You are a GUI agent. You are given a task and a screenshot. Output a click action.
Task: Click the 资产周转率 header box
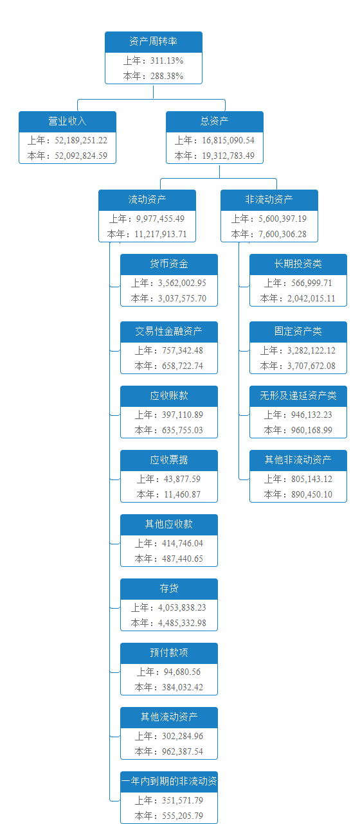[154, 42]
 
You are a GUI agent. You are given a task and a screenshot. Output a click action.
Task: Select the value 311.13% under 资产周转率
[166, 60]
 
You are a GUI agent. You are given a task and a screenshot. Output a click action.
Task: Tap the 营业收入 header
[67, 121]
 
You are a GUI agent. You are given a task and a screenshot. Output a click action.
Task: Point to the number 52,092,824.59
[81, 156]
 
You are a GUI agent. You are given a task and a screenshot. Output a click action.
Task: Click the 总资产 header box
[215, 121]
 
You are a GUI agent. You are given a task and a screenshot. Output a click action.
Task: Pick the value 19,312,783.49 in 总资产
[228, 156]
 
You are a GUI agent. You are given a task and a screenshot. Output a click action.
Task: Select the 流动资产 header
[147, 200]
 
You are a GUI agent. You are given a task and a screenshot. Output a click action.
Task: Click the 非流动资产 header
[269, 200]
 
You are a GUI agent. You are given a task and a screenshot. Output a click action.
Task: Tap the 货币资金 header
[169, 264]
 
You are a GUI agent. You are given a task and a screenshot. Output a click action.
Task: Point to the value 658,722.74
[183, 366]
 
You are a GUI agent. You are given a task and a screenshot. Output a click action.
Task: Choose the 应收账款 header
[169, 396]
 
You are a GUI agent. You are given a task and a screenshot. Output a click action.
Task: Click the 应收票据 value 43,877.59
[182, 479]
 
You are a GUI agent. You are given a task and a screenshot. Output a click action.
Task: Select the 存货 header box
[169, 589]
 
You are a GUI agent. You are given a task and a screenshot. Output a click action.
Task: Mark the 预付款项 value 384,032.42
[183, 688]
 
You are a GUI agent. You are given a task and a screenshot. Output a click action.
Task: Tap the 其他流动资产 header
[169, 717]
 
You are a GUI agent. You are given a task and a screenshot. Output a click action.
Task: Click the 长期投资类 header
[298, 264]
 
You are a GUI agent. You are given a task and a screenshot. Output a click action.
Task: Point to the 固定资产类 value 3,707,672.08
[311, 366]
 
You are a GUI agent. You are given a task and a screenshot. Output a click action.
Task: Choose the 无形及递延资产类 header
[298, 396]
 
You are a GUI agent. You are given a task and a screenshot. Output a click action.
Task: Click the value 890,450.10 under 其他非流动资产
[312, 495]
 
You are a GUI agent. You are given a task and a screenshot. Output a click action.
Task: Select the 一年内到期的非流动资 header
[169, 782]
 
